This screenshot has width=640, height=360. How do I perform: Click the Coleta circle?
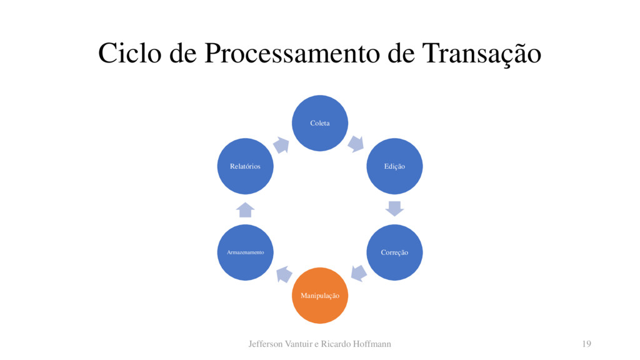(320, 122)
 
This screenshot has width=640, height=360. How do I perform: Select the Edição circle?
(394, 166)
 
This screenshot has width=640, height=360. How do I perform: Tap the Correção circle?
(394, 252)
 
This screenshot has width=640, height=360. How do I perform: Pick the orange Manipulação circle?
(320, 295)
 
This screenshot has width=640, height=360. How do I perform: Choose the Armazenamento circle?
(245, 252)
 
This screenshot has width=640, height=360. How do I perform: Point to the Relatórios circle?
(245, 166)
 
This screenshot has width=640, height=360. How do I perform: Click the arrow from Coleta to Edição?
(356, 144)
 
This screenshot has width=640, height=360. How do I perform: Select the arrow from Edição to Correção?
(395, 208)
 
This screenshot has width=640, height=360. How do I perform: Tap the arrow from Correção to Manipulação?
(358, 273)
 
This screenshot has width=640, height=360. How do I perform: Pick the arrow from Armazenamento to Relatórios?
(246, 209)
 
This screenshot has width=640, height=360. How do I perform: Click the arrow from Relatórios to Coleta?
(281, 145)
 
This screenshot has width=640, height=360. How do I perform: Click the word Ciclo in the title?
(129, 54)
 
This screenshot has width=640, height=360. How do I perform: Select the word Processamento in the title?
(291, 54)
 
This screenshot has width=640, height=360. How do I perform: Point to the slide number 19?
(586, 344)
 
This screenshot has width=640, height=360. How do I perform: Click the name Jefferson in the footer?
(266, 344)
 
